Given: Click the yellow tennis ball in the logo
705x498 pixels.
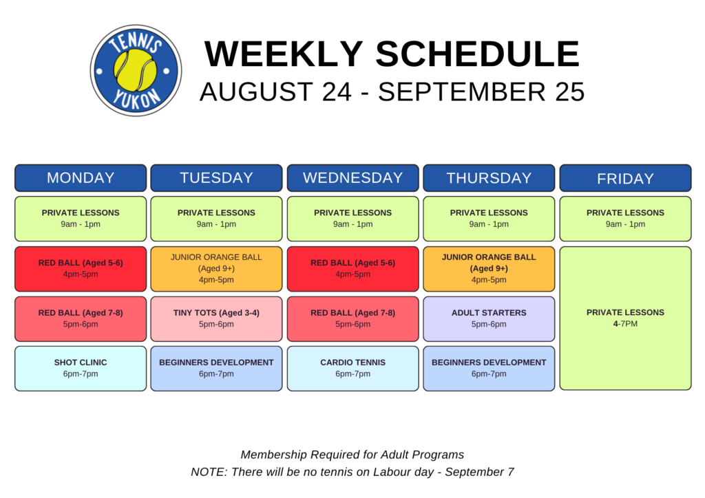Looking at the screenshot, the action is (x=136, y=70).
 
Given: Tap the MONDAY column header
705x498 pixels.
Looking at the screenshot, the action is (x=81, y=178).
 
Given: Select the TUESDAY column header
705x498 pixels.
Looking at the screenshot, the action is (x=216, y=178).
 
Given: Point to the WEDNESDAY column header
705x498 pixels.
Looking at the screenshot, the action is (x=353, y=178).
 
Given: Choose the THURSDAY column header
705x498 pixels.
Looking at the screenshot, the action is (x=489, y=178).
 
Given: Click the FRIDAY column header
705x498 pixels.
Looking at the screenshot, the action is (x=625, y=178).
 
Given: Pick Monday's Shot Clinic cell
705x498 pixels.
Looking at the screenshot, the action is (x=81, y=368).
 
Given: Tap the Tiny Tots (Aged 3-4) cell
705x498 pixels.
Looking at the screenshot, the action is (x=216, y=318).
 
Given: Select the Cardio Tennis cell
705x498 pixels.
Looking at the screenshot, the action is (x=353, y=368).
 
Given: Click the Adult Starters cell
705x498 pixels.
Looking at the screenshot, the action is (x=489, y=318).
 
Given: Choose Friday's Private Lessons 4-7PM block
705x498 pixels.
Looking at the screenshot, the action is (x=625, y=318).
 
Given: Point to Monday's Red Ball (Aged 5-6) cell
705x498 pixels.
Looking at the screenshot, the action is (x=81, y=268).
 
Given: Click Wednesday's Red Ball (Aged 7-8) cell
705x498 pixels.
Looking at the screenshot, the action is (x=353, y=318).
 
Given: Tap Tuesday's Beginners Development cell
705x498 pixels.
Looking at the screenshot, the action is (x=216, y=368).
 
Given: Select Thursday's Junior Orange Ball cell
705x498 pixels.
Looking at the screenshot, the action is (x=489, y=268).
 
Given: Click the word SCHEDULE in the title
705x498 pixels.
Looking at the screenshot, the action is (x=478, y=54).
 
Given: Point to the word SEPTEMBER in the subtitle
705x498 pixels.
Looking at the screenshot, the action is (x=462, y=91).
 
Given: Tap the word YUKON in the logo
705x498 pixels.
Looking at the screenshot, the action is (x=136, y=100).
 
